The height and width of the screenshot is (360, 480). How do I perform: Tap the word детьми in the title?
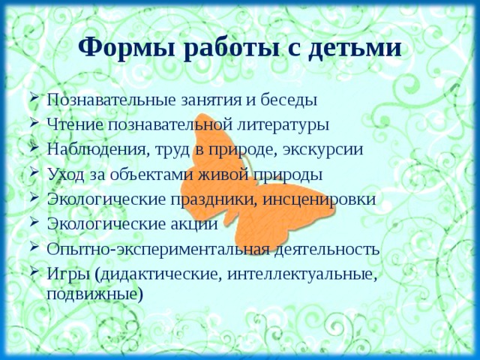point(354,49)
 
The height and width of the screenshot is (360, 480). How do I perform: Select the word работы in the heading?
point(226,49)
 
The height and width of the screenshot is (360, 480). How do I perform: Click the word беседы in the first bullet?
point(287,100)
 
